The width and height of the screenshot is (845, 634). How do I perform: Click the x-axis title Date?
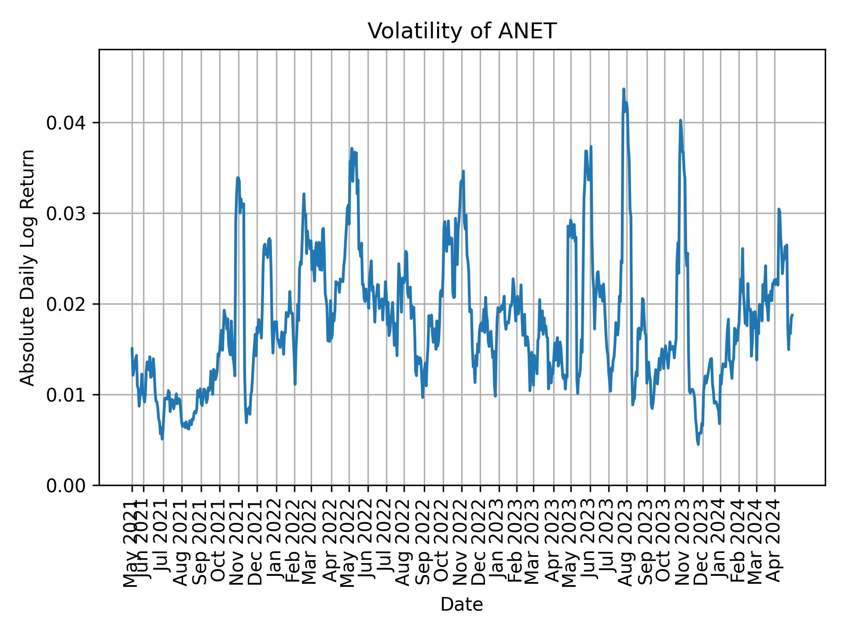(462, 605)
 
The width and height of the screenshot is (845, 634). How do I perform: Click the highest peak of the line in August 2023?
(624, 89)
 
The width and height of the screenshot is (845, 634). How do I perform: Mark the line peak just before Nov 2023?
(680, 120)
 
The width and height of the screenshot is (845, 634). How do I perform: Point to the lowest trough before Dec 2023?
(698, 444)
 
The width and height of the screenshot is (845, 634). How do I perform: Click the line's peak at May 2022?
(352, 149)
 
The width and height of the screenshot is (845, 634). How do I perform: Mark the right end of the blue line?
(792, 315)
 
